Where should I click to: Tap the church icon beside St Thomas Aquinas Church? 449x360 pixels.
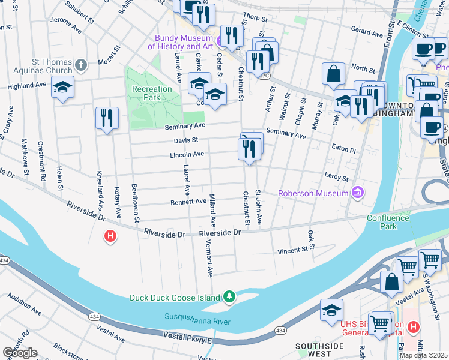(82, 64)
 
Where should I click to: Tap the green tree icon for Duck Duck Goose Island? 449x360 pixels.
(229, 297)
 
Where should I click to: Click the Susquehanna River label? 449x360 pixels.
(198, 318)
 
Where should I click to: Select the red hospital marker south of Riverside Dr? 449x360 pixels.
(110, 237)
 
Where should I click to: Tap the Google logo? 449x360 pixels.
(20, 353)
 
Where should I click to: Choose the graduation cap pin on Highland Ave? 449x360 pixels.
(62, 87)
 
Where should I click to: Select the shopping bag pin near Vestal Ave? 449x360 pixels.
(391, 282)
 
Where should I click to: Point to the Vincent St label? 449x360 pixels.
(296, 250)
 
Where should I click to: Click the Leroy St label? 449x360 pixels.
(336, 178)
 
